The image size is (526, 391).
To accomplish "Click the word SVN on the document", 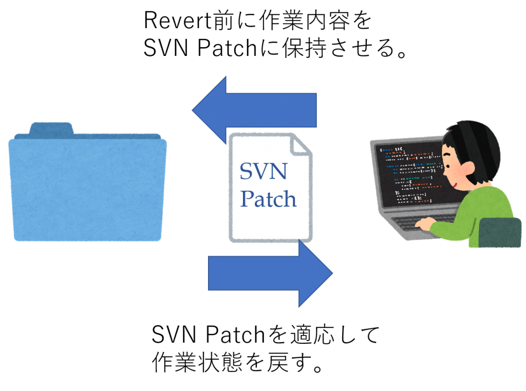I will [x=264, y=170].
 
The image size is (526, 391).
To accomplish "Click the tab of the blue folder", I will [x=51, y=128].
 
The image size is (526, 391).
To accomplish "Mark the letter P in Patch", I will [x=247, y=199].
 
